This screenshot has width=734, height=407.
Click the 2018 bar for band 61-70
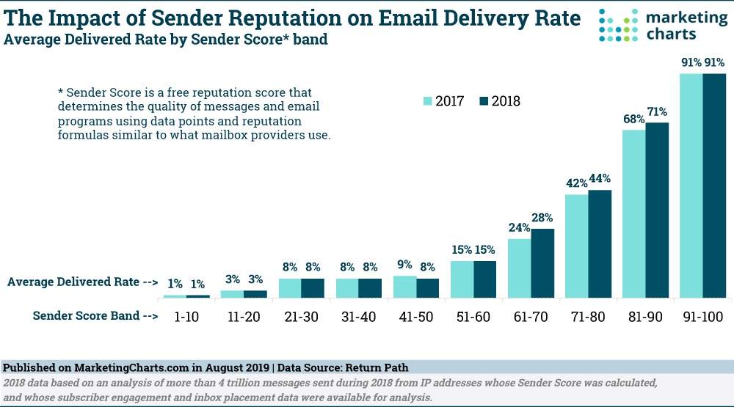(542, 263)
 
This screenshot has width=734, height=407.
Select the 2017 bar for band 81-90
(634, 213)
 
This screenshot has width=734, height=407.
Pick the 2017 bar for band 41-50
(405, 287)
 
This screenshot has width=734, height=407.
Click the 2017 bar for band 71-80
(577, 246)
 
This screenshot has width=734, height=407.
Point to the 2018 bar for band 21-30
(313, 288)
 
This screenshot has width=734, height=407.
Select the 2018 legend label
(506, 101)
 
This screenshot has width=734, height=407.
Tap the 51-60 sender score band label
(473, 317)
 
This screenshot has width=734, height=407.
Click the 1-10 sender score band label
(186, 317)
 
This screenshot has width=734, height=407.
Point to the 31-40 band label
(359, 317)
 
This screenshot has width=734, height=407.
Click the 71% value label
(657, 112)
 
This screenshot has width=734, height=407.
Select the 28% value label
(543, 219)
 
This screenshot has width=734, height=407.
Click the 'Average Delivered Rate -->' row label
(83, 282)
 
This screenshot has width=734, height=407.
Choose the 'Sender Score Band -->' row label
(95, 317)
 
